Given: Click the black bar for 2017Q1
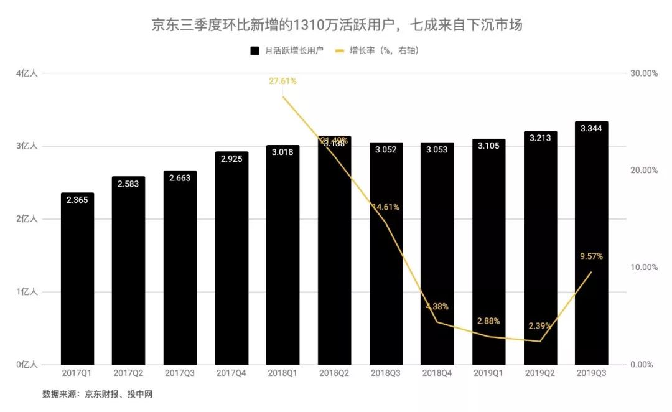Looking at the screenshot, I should (77, 280).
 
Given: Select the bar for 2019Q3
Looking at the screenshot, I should (591, 249).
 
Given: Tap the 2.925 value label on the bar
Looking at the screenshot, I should (231, 159).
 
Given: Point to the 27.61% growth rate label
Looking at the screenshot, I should (282, 81).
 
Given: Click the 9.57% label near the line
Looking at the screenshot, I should (590, 256).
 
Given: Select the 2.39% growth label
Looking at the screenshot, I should (539, 326).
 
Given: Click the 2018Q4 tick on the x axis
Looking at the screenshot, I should (437, 373).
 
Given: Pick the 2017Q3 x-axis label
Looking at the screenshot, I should (180, 373).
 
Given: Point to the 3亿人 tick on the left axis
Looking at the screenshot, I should (27, 146).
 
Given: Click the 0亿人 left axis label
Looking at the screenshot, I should (27, 364).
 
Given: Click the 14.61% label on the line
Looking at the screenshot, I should (386, 207).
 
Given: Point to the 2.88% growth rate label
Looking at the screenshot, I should (488, 321).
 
